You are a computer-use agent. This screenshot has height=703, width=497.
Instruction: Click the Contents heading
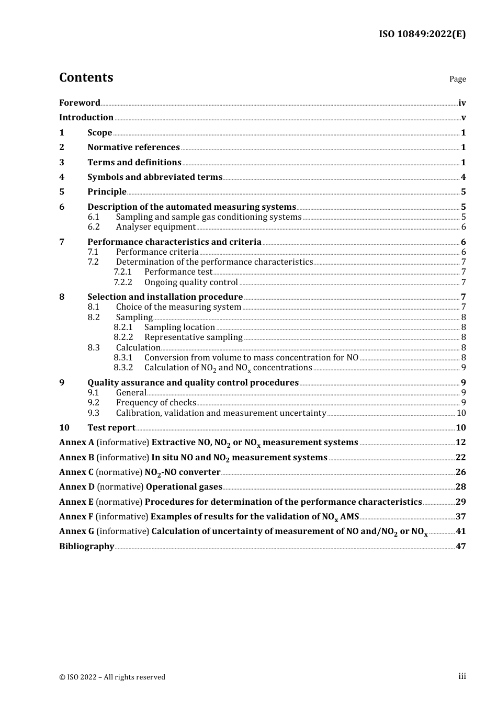86,77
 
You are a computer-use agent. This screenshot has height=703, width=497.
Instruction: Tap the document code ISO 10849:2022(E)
422,34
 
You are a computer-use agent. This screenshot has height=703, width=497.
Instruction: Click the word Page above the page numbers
457,79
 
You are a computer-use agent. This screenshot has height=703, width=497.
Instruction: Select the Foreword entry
80,103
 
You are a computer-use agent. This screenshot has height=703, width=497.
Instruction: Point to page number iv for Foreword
461,103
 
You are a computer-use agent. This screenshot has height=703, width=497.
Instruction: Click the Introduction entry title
86,118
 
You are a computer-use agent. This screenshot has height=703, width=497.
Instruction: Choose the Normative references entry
133,148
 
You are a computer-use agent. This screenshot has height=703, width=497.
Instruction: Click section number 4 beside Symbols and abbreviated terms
62,177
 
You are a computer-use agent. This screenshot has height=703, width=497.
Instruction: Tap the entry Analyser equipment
155,227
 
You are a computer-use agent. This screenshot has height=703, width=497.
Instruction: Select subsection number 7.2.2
123,282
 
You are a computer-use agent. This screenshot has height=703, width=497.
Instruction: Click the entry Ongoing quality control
191,282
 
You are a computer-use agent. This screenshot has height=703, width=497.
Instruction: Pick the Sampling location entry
179,327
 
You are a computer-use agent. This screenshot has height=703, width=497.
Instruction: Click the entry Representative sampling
193,337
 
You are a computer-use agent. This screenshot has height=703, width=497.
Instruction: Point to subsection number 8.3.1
123,358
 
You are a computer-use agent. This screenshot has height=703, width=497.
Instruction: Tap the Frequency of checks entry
156,403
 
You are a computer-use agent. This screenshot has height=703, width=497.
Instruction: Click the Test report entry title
111,428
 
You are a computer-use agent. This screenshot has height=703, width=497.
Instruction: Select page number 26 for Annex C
460,472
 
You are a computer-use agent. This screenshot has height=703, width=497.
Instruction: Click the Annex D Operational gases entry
141,487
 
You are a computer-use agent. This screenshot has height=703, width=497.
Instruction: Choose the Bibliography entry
86,547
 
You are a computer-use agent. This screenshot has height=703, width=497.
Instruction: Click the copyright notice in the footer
112,677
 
